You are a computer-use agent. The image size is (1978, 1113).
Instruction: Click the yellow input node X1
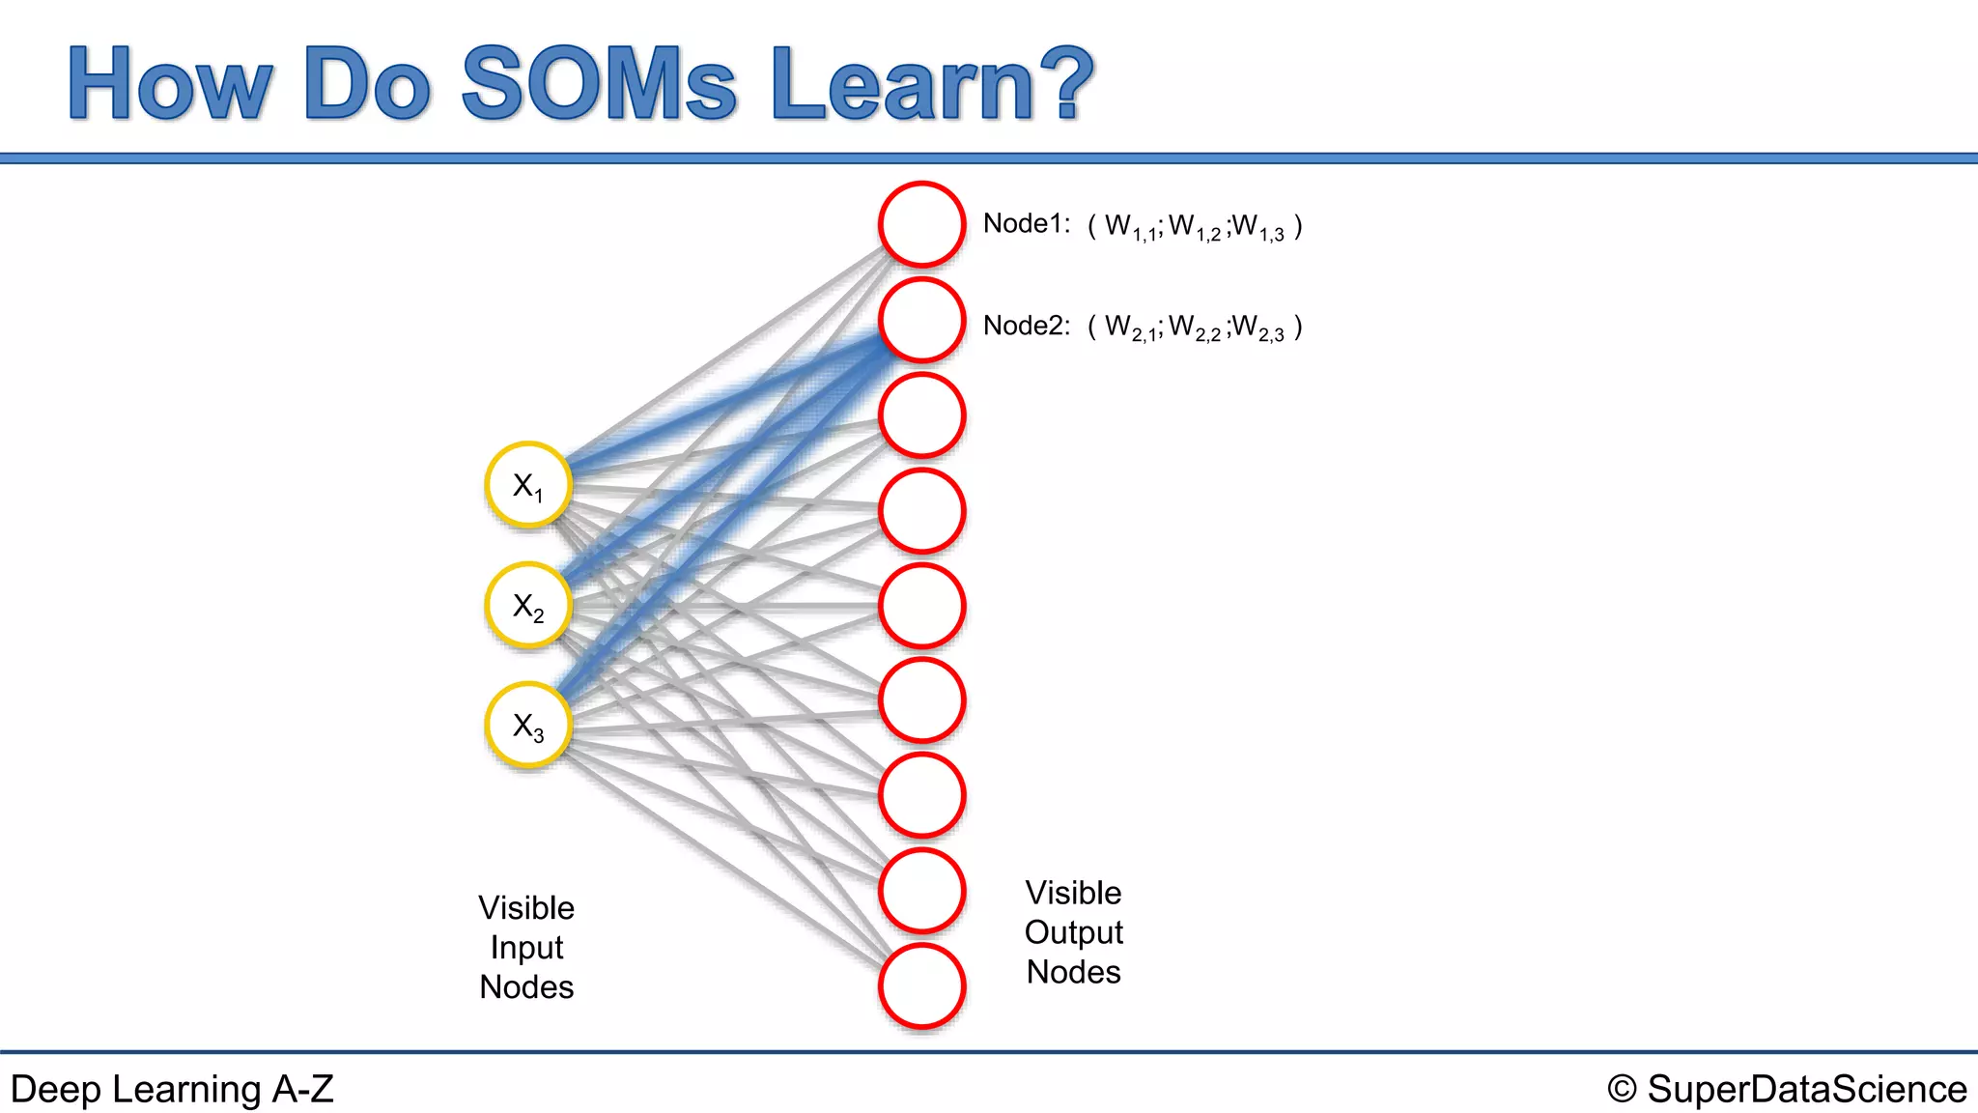(x=528, y=485)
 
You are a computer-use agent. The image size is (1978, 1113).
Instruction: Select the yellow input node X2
(x=528, y=606)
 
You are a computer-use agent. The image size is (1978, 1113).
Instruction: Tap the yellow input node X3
(x=528, y=726)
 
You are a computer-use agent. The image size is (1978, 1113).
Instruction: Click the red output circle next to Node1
(x=921, y=224)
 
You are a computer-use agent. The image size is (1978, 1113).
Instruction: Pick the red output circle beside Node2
(x=921, y=320)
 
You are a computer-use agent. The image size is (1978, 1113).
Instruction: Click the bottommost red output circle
(x=921, y=986)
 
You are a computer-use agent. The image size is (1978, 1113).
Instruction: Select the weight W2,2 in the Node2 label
(x=1195, y=328)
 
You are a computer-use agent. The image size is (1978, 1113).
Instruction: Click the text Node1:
(x=1026, y=224)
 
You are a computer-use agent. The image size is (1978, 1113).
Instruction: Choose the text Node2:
(x=1026, y=326)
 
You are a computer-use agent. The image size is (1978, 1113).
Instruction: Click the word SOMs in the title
(x=599, y=84)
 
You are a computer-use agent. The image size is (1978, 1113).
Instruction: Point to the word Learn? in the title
(x=932, y=84)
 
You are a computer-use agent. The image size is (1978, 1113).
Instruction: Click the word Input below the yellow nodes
(x=526, y=948)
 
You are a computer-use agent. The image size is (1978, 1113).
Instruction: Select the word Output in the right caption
(x=1073, y=932)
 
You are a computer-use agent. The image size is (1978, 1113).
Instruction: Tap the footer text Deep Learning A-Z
(x=172, y=1089)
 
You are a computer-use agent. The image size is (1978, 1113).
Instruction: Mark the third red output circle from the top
(x=921, y=415)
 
